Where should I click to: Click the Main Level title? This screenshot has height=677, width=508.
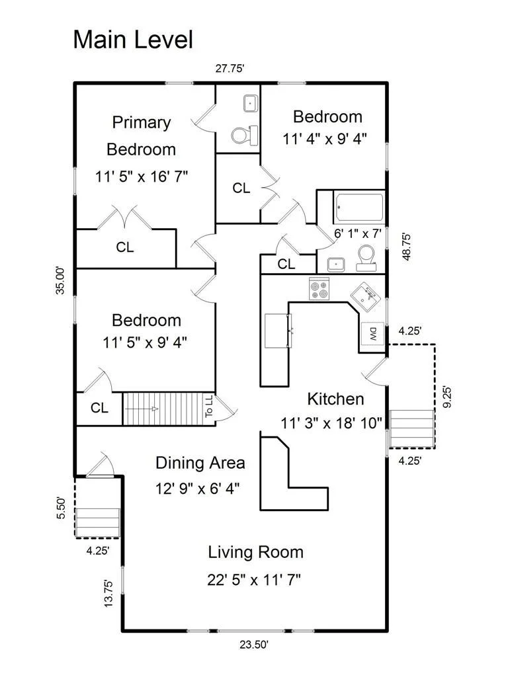tap(133, 40)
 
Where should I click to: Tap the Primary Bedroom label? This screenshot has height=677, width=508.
tap(142, 136)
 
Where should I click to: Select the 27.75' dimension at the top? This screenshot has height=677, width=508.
tap(230, 68)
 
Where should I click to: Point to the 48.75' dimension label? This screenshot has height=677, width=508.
tap(406, 247)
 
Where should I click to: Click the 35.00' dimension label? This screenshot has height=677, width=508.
tap(60, 280)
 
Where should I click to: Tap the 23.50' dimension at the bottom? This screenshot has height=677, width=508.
tap(255, 645)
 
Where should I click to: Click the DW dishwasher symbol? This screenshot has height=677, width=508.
tap(373, 333)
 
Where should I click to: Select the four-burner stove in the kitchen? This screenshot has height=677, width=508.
tap(319, 288)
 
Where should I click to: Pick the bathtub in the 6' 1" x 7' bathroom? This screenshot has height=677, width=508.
tap(359, 208)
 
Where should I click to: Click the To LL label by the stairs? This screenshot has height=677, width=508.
tap(209, 407)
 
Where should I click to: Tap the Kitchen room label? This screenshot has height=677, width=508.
tap(335, 399)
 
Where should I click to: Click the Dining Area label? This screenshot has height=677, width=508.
tap(200, 463)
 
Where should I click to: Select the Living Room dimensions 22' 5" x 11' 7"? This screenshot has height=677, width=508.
tap(254, 579)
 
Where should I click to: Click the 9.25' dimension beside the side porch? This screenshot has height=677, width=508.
tap(447, 397)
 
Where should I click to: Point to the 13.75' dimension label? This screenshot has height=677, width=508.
tap(108, 594)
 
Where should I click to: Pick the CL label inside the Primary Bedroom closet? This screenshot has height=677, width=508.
tap(125, 247)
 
